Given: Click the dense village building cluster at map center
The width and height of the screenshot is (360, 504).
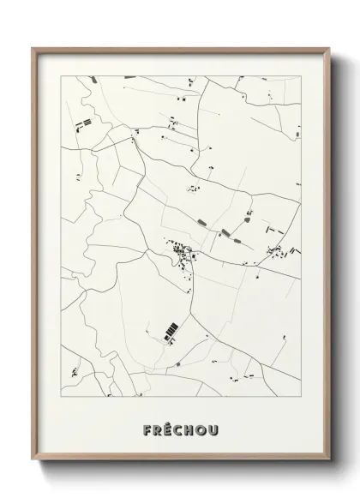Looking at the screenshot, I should [x=183, y=252].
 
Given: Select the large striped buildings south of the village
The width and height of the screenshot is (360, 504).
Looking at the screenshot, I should [x=171, y=329].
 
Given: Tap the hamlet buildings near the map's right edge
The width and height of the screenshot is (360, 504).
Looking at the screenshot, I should [x=280, y=250].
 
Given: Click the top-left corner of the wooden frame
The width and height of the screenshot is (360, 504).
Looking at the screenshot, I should [x=33, y=48].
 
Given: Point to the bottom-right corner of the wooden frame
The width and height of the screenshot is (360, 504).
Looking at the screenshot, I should [x=327, y=471].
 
